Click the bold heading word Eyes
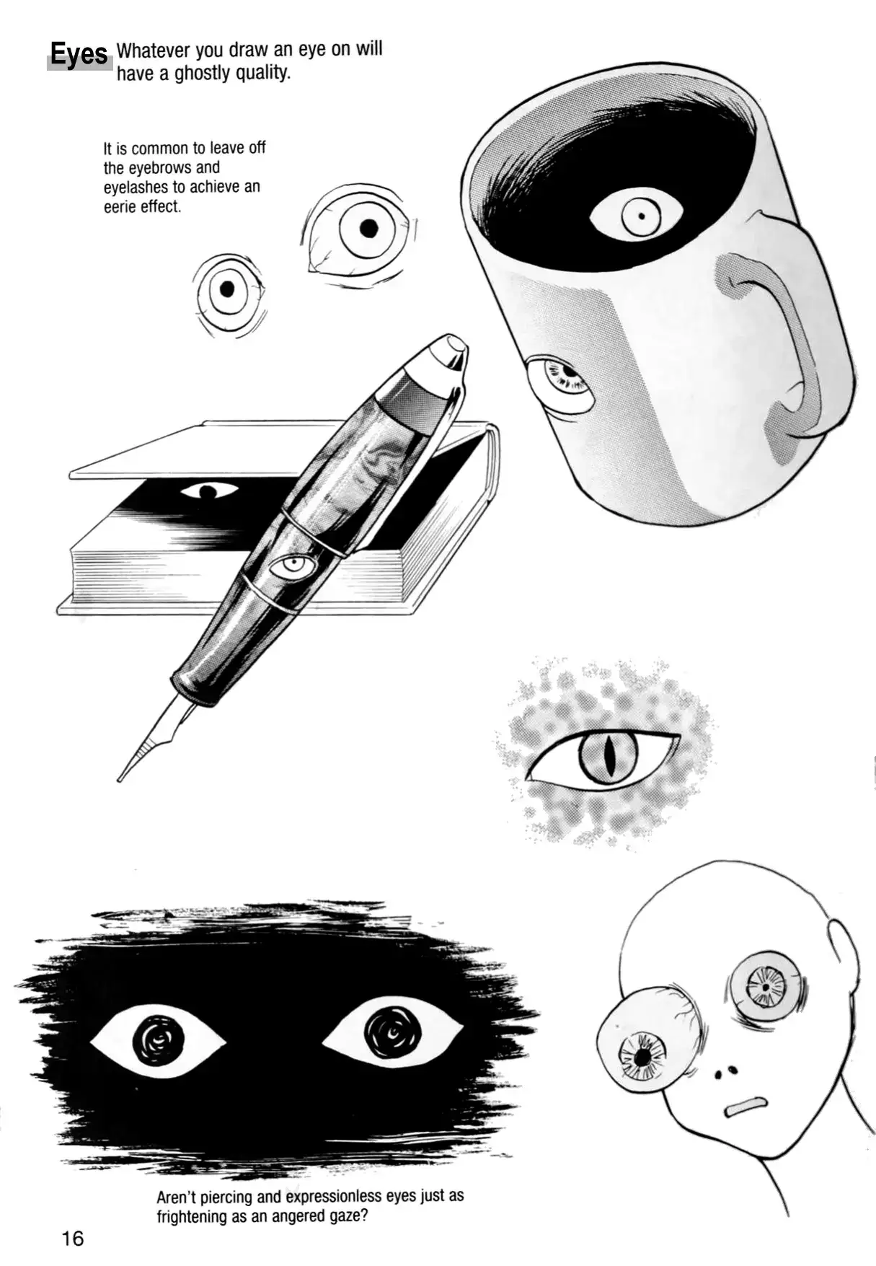[79, 54]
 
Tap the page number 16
[73, 1239]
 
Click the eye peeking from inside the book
[208, 491]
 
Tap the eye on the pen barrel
[293, 566]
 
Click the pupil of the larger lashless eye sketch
[368, 229]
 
